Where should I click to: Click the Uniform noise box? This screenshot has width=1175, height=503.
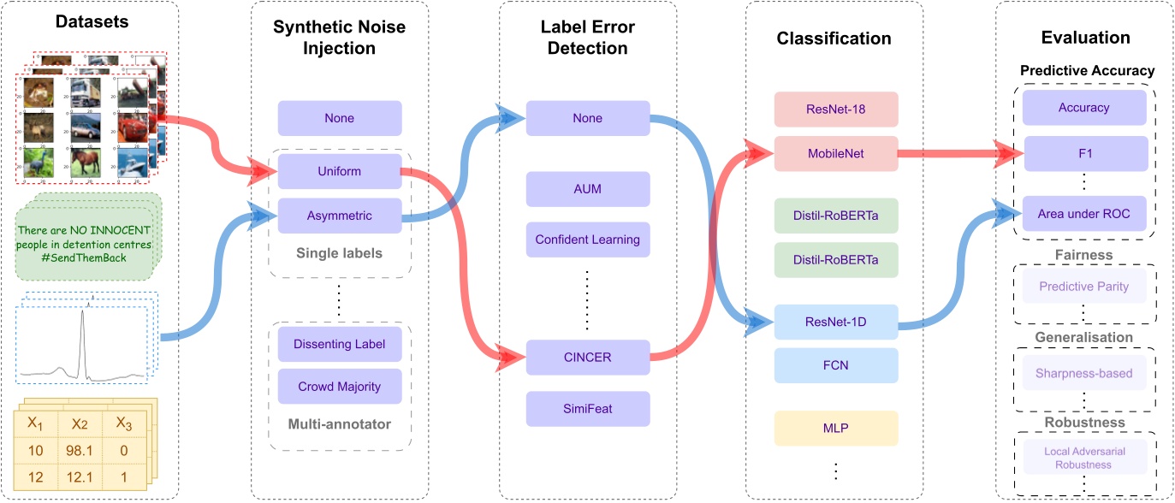340,171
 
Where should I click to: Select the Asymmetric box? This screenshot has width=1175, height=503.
340,216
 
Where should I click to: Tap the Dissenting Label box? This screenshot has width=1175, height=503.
340,344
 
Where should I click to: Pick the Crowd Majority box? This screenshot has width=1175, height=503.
340,387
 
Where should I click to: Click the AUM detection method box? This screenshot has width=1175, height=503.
588,189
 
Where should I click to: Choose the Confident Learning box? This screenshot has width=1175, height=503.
588,240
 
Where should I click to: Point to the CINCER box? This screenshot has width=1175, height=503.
588,358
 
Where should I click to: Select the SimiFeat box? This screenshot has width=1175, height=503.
588,409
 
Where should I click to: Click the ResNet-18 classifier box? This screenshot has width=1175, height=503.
836,109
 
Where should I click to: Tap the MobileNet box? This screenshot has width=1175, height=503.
836,154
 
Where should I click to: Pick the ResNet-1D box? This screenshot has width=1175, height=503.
836,323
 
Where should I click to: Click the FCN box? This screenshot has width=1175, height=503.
836,365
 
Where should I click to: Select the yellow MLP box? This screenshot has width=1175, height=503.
836,428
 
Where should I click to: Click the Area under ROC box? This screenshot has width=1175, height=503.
1083,214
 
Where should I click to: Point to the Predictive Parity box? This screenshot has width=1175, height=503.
1083,287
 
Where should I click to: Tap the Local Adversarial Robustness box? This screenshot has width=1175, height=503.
1083,459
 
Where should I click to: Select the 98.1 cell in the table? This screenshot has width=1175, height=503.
80,450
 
